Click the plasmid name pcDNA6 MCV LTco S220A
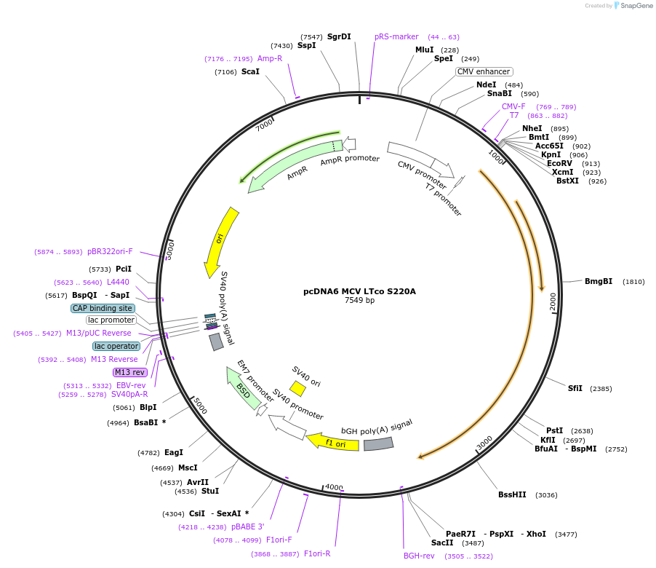pyautogui.click(x=359, y=291)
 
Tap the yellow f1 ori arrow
pyautogui.click(x=332, y=442)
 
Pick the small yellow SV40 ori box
pyautogui.click(x=297, y=388)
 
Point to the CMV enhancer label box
pyautogui.click(x=484, y=71)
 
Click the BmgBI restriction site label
pyautogui.click(x=598, y=281)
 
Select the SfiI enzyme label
pyautogui.click(x=575, y=388)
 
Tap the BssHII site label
pyautogui.click(x=512, y=494)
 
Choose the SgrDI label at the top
pyautogui.click(x=339, y=36)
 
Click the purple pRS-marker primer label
pyautogui.click(x=396, y=36)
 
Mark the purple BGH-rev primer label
pyautogui.click(x=419, y=556)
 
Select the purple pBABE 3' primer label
pyautogui.click(x=248, y=526)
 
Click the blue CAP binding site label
pyautogui.click(x=103, y=308)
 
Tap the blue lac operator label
pyautogui.click(x=116, y=346)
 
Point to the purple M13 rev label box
pyautogui.click(x=129, y=372)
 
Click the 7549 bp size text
pyautogui.click(x=359, y=300)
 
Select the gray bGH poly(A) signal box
pyautogui.click(x=378, y=443)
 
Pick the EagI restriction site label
pyautogui.click(x=173, y=452)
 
